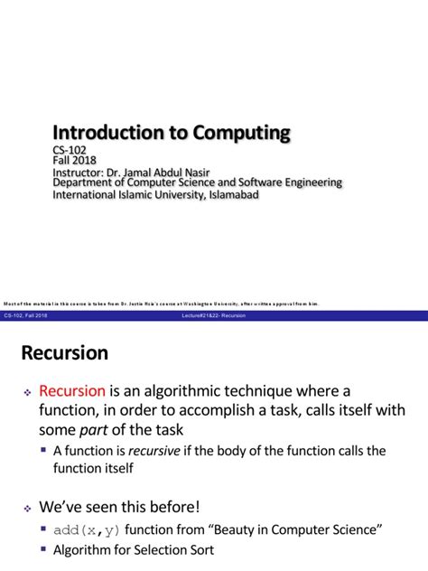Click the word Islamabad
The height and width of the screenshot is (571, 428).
point(231,194)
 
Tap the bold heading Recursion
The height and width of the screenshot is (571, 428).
point(64,352)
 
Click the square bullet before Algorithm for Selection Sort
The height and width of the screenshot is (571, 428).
point(44,548)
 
